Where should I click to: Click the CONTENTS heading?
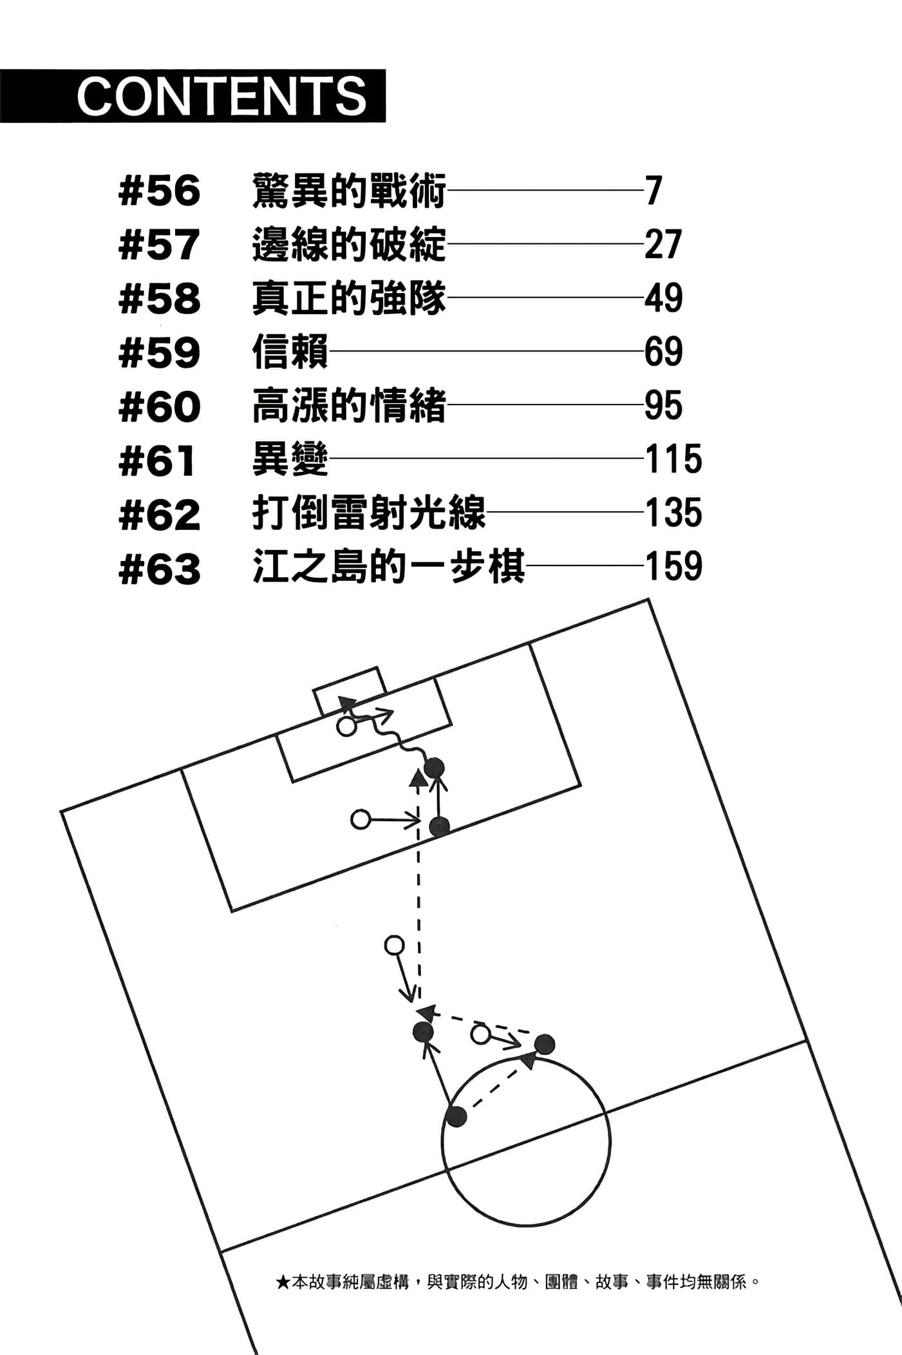[x=221, y=96]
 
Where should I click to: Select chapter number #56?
[x=160, y=191]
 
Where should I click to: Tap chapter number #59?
[x=160, y=352]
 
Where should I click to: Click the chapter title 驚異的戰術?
[x=349, y=191]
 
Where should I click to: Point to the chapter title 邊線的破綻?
[x=349, y=245]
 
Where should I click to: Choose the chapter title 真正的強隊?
[x=349, y=298]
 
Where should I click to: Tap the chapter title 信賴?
[x=290, y=352]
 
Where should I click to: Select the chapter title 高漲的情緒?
[x=349, y=406]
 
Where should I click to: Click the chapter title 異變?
[x=290, y=459]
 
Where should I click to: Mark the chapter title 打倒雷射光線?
[x=369, y=513]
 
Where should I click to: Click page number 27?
[x=663, y=245]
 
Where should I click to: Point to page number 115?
[x=673, y=459]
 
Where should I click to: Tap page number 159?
[x=673, y=567]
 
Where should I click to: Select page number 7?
[x=653, y=191]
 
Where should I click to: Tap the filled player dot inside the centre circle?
[x=456, y=1117]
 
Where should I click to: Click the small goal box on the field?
[x=350, y=690]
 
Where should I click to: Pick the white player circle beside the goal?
[x=346, y=728]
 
